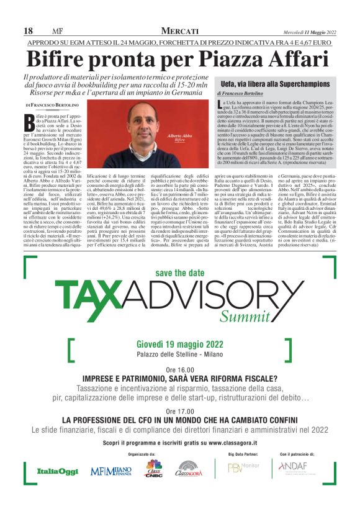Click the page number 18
coord(28,31)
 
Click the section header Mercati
coord(180,31)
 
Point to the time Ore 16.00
coord(179,370)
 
